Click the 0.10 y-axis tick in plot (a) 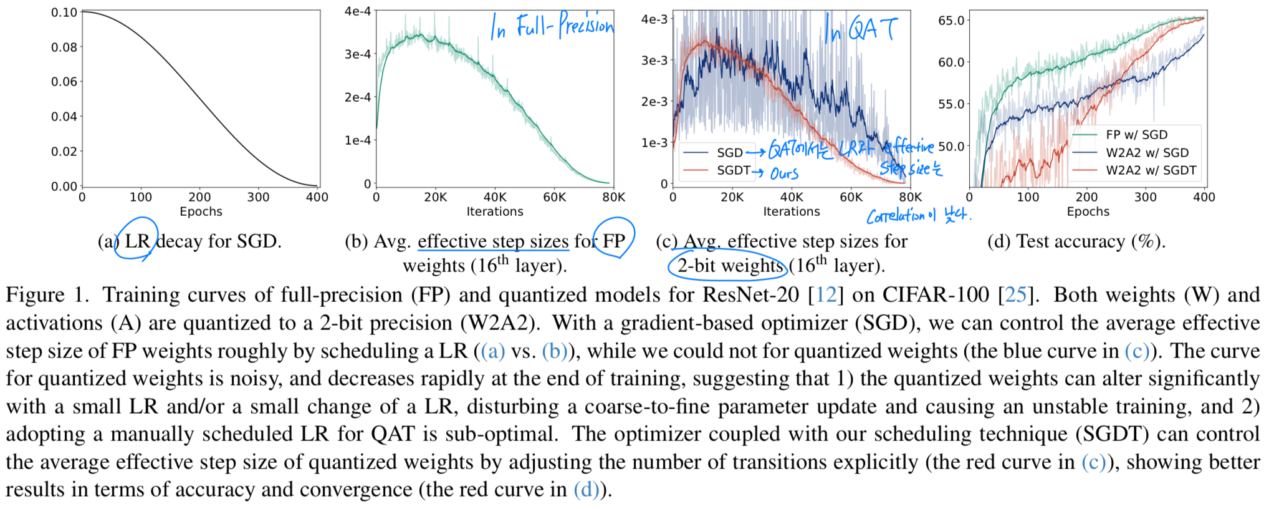64,12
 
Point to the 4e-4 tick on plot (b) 358,11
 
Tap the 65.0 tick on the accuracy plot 951,21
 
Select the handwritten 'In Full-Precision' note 552,26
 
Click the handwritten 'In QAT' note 861,29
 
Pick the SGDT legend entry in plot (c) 733,170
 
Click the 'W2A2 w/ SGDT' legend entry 1151,170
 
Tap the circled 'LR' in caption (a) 137,241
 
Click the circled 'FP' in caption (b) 614,241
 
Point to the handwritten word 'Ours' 784,173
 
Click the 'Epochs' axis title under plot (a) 201,211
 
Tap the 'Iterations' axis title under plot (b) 495,211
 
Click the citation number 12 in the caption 826,294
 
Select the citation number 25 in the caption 1015,294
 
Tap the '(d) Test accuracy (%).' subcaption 1076,241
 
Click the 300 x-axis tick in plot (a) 258,197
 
